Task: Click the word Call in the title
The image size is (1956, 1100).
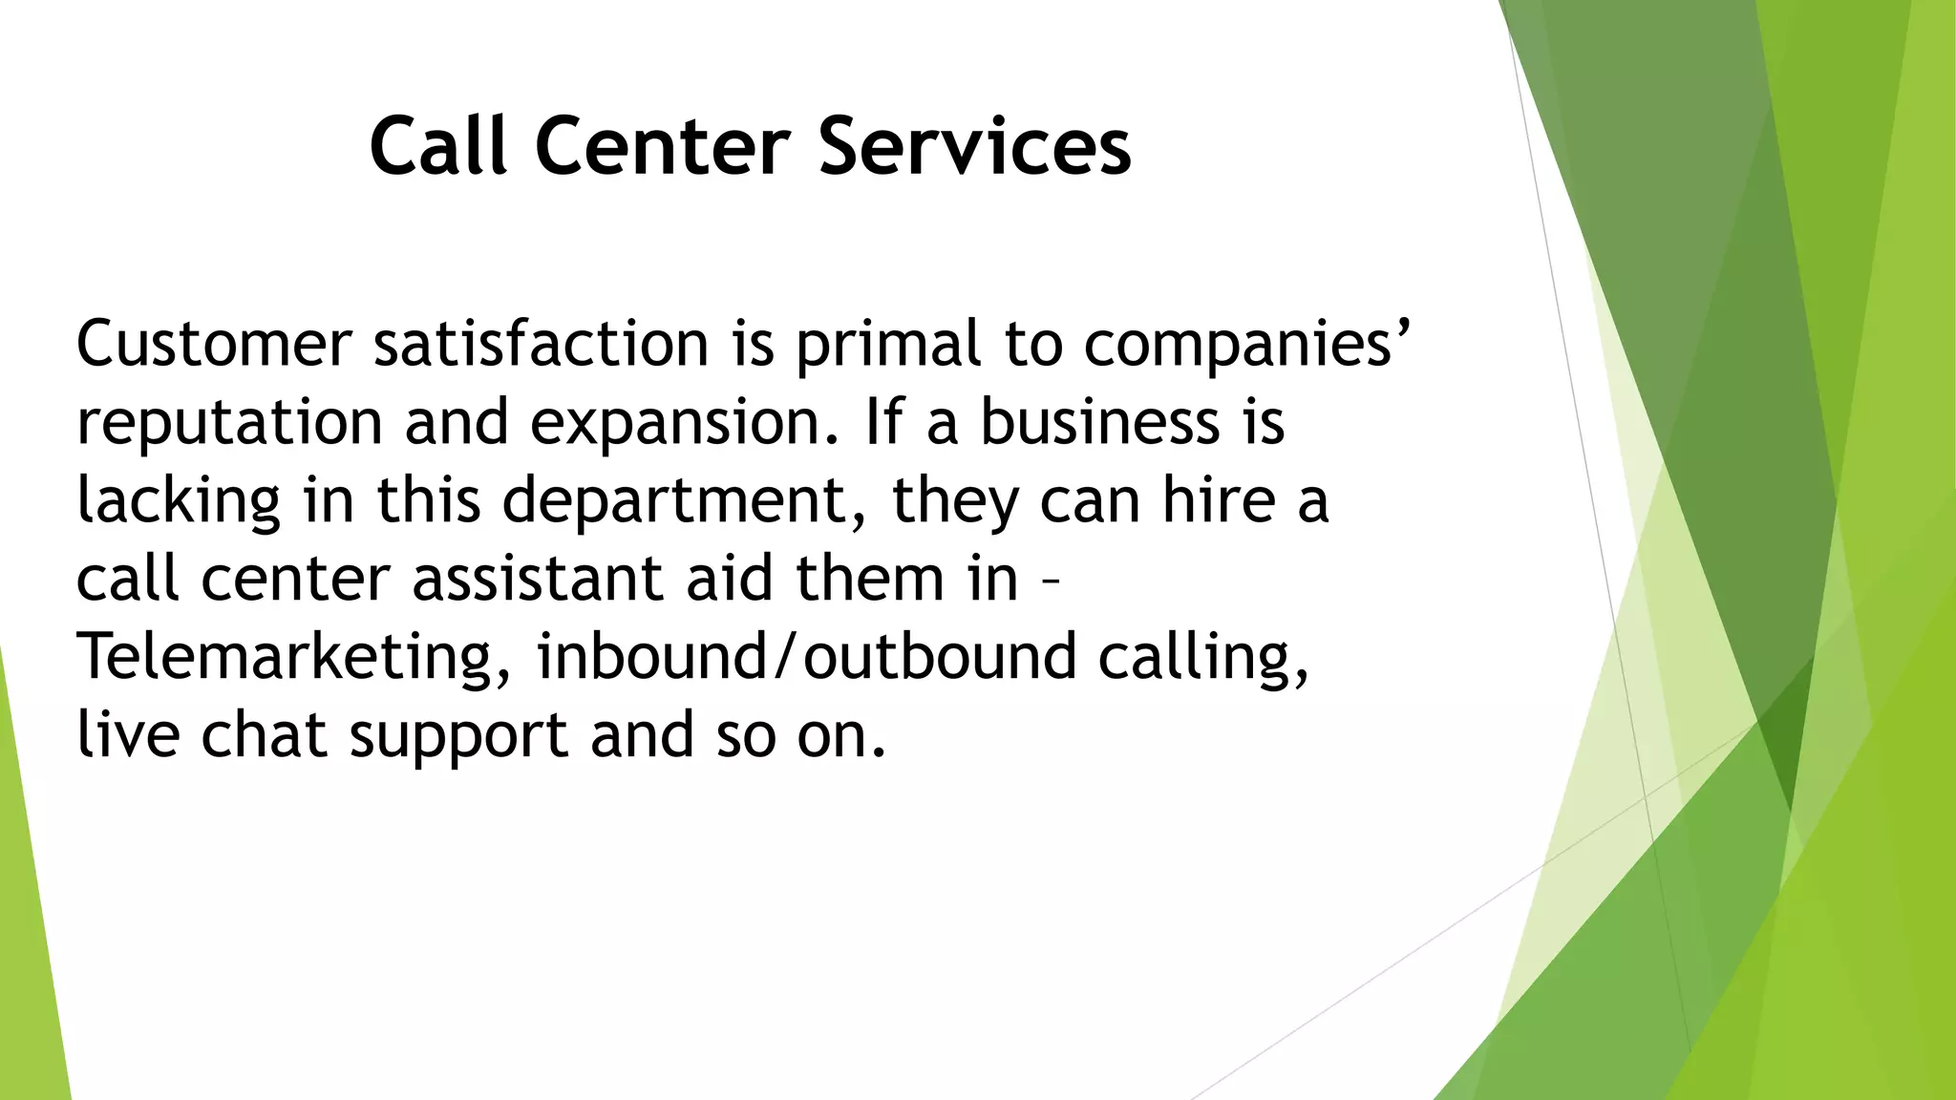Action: coord(438,145)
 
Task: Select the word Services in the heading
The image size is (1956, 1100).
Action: coord(974,145)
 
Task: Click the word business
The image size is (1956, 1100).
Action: coord(1099,422)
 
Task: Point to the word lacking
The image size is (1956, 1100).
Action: coord(179,501)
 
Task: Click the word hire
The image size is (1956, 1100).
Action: coord(1219,499)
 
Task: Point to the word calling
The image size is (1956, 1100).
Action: coord(1203,658)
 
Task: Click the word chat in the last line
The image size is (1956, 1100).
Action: coord(264,735)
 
